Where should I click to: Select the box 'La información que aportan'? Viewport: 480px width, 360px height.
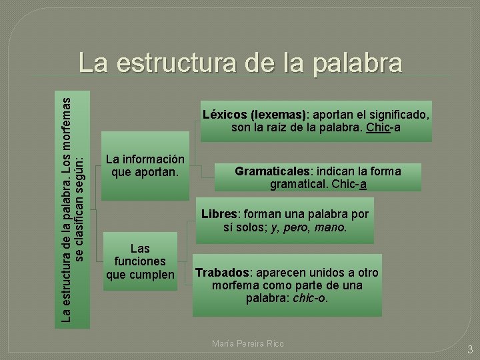pos(145,166)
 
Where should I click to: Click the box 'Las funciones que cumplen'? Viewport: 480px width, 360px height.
pos(141,261)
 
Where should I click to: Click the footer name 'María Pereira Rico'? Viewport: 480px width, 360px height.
pos(247,343)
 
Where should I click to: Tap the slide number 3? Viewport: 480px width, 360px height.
pos(469,349)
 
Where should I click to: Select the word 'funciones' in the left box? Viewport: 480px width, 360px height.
pos(141,261)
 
